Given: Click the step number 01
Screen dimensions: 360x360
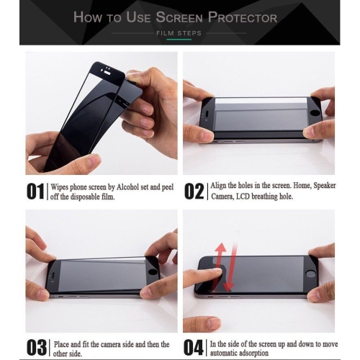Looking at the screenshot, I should [36, 191].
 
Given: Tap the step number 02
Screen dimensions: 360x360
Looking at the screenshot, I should [194, 191].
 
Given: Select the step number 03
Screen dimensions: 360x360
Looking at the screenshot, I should [36, 346].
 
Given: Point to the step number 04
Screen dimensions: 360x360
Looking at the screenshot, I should [194, 346].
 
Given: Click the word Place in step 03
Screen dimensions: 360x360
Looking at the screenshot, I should [63, 344].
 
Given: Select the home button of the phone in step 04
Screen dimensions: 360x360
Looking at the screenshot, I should [311, 274].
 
